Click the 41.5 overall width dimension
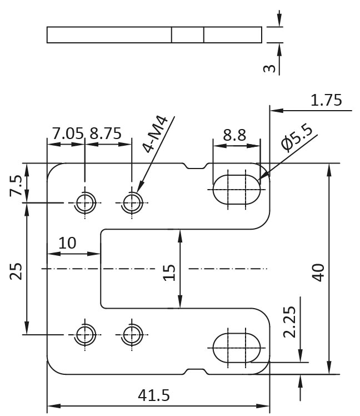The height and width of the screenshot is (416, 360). (x=154, y=395)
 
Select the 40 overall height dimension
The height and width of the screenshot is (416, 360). (x=318, y=272)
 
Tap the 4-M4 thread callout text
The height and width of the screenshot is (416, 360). (x=156, y=134)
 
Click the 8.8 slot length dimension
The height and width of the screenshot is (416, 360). (x=234, y=135)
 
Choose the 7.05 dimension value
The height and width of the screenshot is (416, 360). (x=68, y=133)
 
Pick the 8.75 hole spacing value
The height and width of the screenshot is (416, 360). (x=106, y=133)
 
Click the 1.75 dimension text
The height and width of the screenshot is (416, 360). (x=326, y=100)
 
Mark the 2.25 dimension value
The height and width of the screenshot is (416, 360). (x=289, y=322)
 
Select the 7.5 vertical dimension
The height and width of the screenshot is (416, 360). (x=16, y=186)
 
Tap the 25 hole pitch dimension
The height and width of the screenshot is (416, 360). (x=16, y=271)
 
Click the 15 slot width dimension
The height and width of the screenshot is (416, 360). (x=169, y=273)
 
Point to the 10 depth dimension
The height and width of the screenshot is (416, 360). (x=67, y=243)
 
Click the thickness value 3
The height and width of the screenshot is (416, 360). (x=269, y=68)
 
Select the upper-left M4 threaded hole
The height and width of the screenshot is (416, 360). (x=85, y=202)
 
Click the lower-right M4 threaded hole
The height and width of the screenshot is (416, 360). (x=132, y=335)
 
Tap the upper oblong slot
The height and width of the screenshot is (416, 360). (x=237, y=190)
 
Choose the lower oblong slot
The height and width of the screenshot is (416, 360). (x=237, y=348)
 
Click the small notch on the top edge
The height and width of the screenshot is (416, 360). (x=196, y=166)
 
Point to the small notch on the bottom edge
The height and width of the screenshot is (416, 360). (x=196, y=372)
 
